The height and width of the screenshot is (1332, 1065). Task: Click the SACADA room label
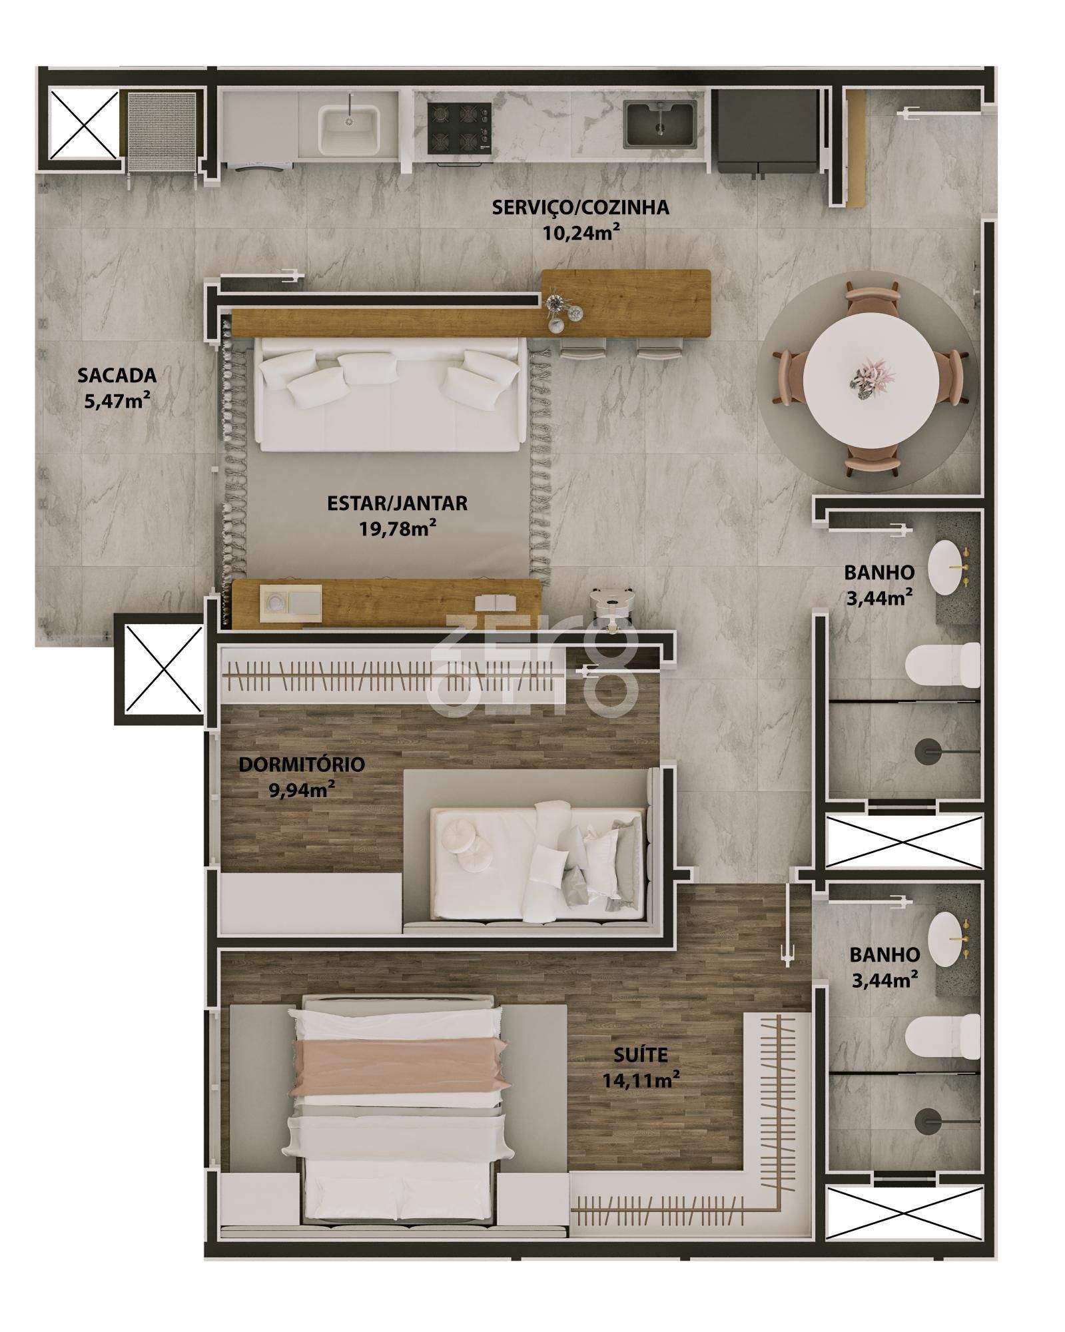point(117,375)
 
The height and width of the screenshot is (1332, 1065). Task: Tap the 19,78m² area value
point(398,529)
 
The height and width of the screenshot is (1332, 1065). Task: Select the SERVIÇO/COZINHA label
point(580,207)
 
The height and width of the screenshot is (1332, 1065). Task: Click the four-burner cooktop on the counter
point(459,127)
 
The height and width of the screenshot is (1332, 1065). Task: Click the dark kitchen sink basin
point(660,125)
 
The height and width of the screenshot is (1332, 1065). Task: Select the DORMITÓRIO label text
point(301,764)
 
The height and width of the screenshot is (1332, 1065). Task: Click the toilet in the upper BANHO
point(943,665)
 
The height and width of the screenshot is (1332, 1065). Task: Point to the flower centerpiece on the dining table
point(868,380)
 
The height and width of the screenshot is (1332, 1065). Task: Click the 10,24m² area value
point(580,233)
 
